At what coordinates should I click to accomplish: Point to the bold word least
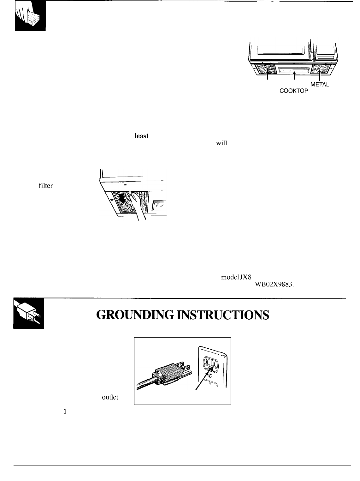142,136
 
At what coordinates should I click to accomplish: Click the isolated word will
222,143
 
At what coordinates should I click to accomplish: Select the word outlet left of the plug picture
110,397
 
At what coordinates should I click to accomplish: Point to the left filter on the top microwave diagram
267,70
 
